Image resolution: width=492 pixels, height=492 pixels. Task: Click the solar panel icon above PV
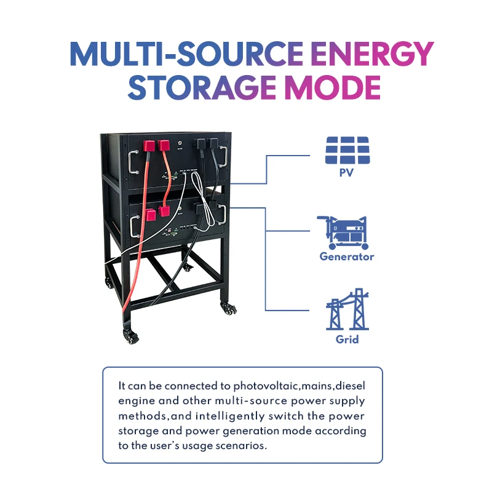click(347, 149)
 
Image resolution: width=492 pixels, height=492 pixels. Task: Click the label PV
click(347, 173)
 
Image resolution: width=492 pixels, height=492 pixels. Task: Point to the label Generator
click(346, 256)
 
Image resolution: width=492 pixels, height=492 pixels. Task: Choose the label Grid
click(347, 339)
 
